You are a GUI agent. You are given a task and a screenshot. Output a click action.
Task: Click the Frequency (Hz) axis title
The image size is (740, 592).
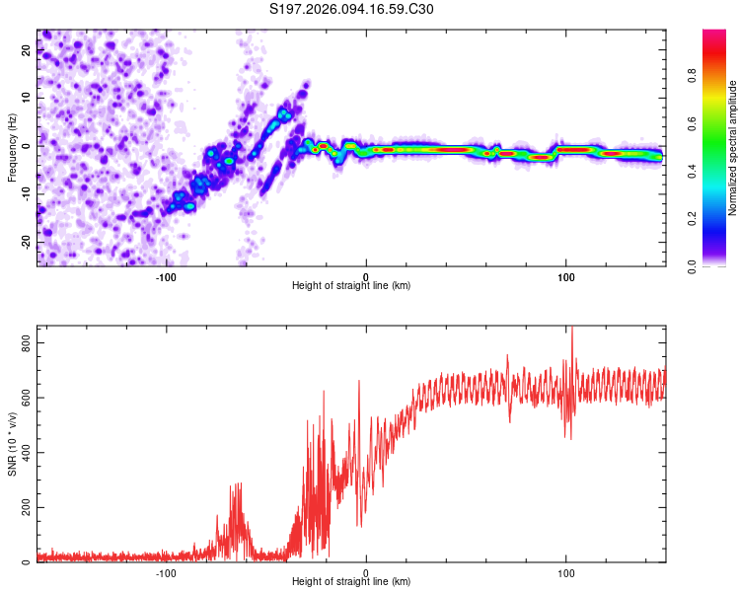[12, 148]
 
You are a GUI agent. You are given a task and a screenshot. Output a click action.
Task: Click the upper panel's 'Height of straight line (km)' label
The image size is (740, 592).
[351, 285]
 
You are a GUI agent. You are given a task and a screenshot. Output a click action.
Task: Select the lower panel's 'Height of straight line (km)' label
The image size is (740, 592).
[351, 581]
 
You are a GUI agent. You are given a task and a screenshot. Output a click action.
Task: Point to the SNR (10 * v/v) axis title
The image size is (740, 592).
[12, 444]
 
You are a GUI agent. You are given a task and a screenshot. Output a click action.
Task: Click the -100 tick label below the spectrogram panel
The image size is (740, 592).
[166, 276]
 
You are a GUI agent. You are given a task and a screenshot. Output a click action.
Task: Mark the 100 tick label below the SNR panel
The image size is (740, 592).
[566, 572]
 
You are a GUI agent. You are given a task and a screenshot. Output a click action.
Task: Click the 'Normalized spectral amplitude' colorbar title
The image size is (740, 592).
[732, 148]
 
